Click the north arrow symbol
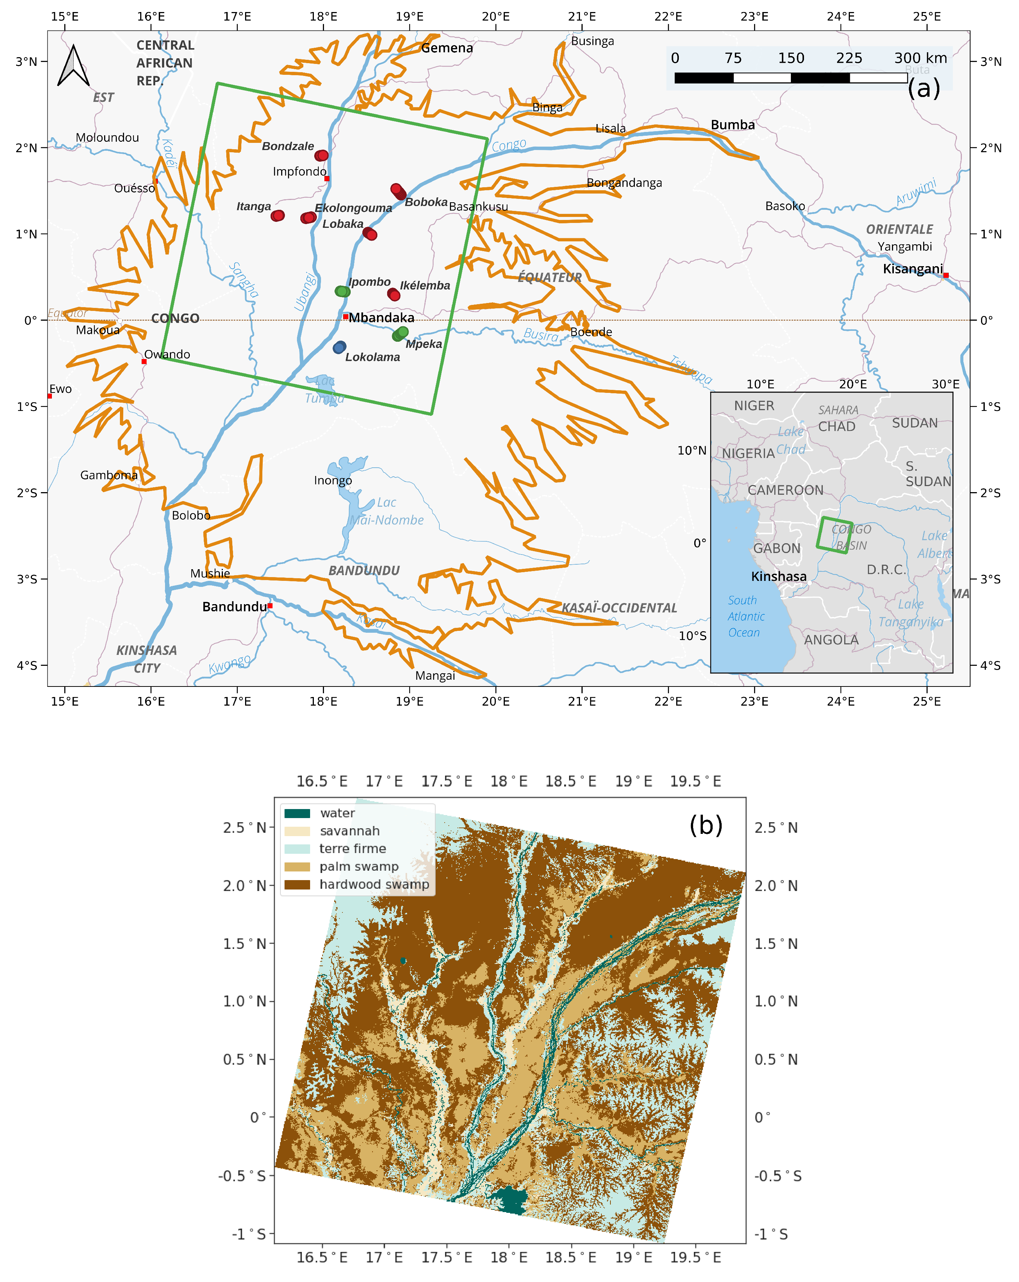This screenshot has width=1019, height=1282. coord(73,66)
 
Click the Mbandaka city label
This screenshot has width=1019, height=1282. coord(381,318)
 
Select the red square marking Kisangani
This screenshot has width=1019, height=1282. coord(946,275)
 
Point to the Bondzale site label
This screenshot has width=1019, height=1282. coord(288,146)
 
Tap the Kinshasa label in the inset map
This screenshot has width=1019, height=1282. coord(779,576)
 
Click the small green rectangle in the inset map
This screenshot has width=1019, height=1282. coord(834,535)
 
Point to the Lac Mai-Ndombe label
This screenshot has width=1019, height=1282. coord(386,511)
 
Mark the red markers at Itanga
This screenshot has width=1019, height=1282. coord(278,216)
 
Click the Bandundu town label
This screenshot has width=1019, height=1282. coord(234,606)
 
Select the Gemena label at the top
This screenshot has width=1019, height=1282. coord(447,48)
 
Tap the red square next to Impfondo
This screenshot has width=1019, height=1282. coord(326,178)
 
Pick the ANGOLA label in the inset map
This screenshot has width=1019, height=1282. coord(831,640)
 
